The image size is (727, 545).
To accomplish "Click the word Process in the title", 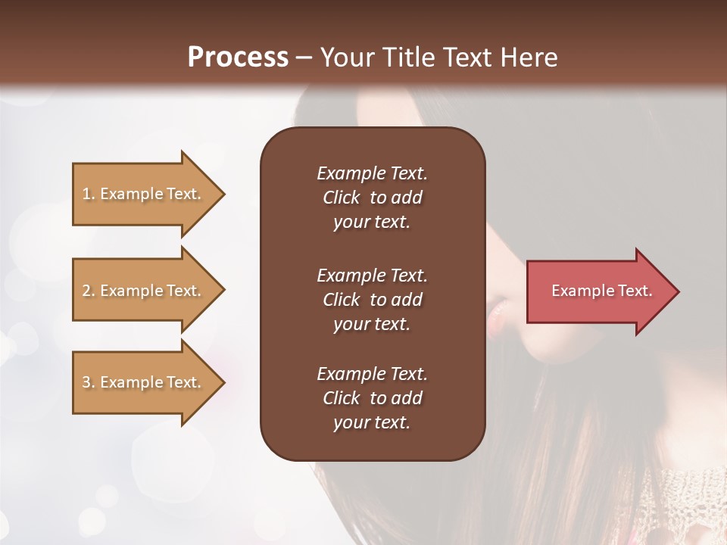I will click(x=238, y=58).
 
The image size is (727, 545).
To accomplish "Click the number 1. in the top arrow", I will click(x=89, y=194).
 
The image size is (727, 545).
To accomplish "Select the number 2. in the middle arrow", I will click(x=89, y=291).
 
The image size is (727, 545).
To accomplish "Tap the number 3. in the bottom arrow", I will click(x=89, y=382).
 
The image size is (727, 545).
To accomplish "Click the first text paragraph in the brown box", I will click(x=372, y=198).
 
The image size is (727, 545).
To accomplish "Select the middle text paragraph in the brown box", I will click(x=372, y=300).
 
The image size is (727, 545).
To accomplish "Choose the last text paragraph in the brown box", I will click(x=372, y=398).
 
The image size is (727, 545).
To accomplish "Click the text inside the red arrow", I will click(x=602, y=291).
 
